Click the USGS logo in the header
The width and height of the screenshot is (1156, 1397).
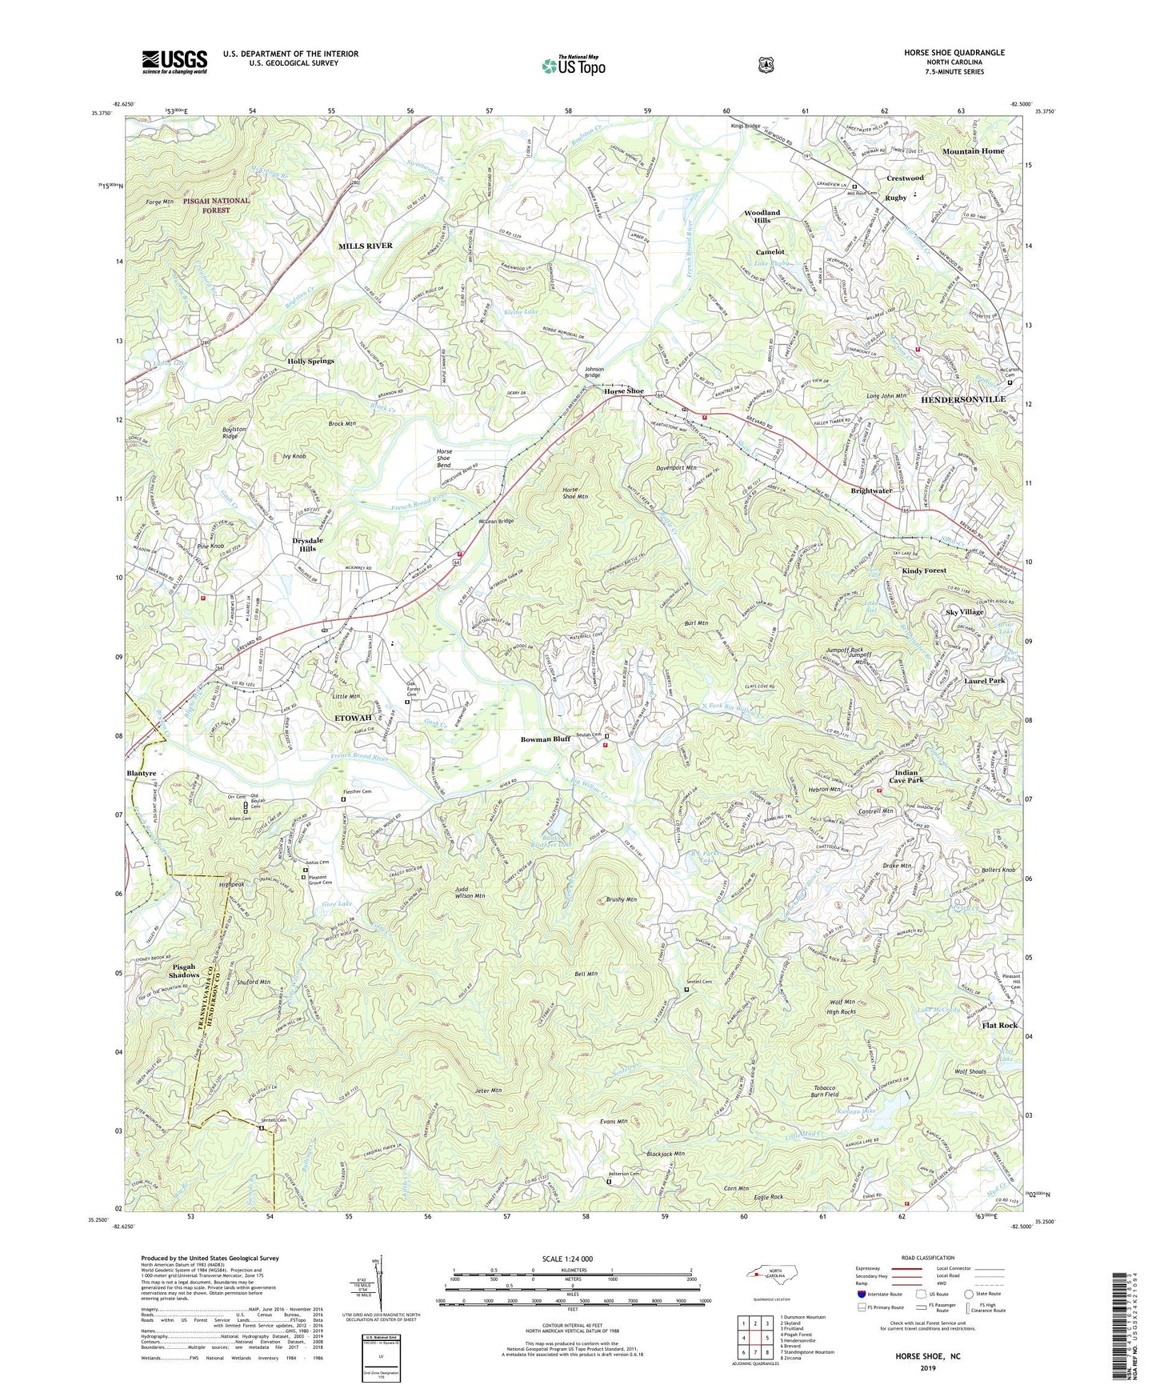[174, 61]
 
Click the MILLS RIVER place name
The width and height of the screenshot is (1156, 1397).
[366, 246]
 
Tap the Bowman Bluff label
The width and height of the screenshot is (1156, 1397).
[545, 739]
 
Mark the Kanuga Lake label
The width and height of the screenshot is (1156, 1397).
[856, 1112]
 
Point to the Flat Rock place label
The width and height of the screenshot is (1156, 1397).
[999, 1025]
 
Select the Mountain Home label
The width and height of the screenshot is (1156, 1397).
[972, 151]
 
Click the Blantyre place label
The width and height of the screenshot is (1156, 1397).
[142, 774]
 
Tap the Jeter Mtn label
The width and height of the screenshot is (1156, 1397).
[486, 1090]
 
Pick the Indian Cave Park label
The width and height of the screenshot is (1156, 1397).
[908, 776]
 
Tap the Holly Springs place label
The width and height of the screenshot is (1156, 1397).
[310, 361]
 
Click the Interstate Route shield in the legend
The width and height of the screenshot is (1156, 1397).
[861, 1294]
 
